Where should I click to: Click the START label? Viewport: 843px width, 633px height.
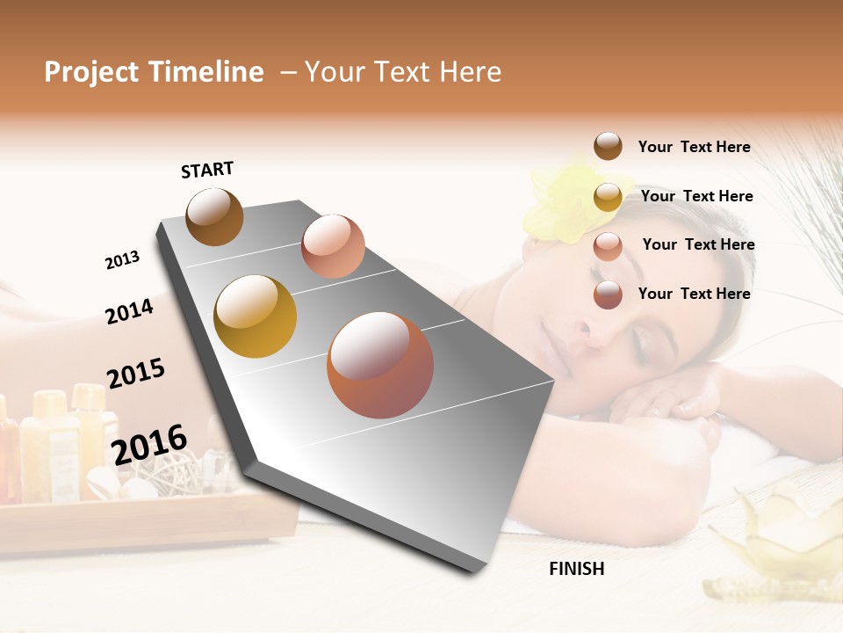click(207, 170)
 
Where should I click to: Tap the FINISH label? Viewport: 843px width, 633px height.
click(576, 569)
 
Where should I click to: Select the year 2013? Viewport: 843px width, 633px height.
click(122, 260)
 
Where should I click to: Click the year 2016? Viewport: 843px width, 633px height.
click(149, 445)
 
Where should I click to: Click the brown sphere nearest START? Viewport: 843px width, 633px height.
click(214, 216)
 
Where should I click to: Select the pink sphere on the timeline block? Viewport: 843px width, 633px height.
click(333, 246)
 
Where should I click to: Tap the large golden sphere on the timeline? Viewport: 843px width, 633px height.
click(255, 316)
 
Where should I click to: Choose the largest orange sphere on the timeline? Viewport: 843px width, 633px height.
click(380, 365)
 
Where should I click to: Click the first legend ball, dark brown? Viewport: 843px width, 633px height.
click(608, 147)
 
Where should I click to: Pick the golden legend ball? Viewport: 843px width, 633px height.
click(608, 197)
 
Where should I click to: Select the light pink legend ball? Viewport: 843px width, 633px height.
click(608, 246)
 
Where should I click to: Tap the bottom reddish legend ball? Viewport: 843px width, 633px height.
click(608, 295)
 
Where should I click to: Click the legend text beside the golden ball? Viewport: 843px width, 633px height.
click(696, 196)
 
